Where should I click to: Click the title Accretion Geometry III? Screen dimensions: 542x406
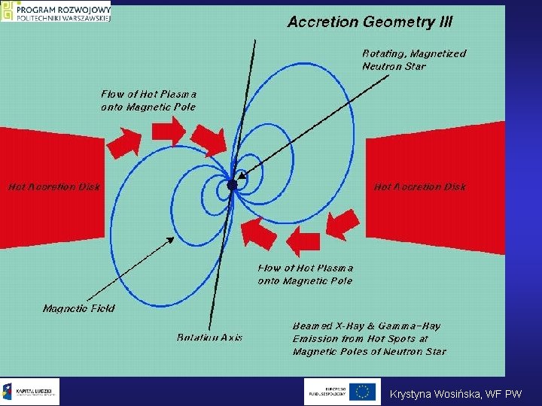[x=370, y=22]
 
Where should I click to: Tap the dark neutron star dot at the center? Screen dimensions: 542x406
[x=232, y=184]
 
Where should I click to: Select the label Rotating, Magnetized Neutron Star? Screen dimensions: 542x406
[x=414, y=59]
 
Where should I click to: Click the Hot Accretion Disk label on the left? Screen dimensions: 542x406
[x=54, y=186]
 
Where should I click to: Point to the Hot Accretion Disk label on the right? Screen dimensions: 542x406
[x=420, y=186]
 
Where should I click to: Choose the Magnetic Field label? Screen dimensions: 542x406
[x=79, y=308]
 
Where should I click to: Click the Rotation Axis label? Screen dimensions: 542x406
[x=210, y=338]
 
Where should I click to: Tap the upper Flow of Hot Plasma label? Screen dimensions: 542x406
[x=148, y=100]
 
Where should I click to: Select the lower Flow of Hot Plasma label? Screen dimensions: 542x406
[x=305, y=274]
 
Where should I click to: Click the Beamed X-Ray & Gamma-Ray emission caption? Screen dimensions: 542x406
[x=369, y=338]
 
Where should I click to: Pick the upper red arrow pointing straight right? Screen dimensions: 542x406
[x=168, y=132]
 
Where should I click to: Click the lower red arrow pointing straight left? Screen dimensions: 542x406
[x=303, y=242]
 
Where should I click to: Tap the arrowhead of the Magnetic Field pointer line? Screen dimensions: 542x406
[x=171, y=240]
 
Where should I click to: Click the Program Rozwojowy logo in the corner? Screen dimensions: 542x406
[x=56, y=12]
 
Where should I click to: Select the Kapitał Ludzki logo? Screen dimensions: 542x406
[x=30, y=391]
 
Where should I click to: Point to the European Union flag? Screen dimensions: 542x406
[x=363, y=391]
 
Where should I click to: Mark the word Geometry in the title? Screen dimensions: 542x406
[x=397, y=22]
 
